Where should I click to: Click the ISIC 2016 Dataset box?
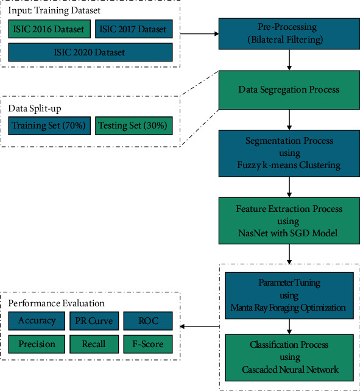tap(49, 29)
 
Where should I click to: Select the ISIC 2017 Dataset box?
tap(134, 29)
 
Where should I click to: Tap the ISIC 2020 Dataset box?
tap(90, 52)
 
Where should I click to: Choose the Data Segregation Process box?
tap(289, 90)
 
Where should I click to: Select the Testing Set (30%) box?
tap(134, 125)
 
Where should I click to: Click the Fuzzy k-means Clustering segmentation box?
tap(289, 153)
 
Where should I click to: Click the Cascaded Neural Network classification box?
tap(289, 357)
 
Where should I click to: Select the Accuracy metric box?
tap(37, 321)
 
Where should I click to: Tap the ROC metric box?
tap(147, 321)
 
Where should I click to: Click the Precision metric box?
tap(37, 344)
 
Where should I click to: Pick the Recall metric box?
tap(94, 344)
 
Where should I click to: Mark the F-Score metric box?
tap(147, 344)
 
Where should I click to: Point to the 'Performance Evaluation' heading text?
tap(56, 303)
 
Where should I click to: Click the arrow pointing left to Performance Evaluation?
tap(198, 326)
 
